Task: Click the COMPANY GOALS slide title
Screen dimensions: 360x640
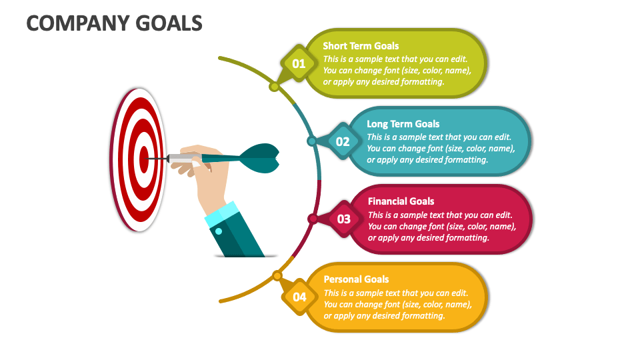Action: (114, 23)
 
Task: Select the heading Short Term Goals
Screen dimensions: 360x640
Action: (361, 46)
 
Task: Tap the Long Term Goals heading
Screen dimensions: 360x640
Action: (403, 123)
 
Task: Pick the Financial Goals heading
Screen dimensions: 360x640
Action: (401, 201)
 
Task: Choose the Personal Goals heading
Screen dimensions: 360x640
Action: (356, 279)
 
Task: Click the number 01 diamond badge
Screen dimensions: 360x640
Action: (299, 64)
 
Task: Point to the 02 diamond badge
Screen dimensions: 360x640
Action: (343, 141)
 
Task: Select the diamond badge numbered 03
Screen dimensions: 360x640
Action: (343, 219)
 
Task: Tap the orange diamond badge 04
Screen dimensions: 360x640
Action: (299, 297)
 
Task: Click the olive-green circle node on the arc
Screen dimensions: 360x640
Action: (274, 87)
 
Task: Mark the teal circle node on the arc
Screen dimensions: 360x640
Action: (311, 141)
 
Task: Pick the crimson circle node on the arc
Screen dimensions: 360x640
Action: (312, 219)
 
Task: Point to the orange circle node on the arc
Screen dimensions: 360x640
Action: (277, 275)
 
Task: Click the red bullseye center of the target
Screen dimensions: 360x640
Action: (144, 159)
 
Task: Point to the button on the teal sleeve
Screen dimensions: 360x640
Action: (218, 231)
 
